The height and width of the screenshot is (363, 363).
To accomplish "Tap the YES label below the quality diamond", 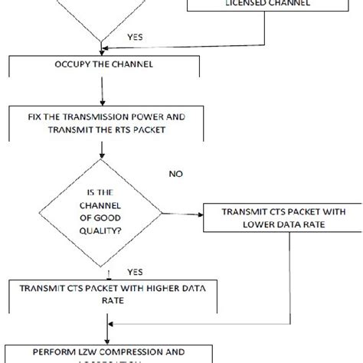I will (135, 271).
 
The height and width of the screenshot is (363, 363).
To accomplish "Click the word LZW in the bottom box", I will (82, 353).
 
